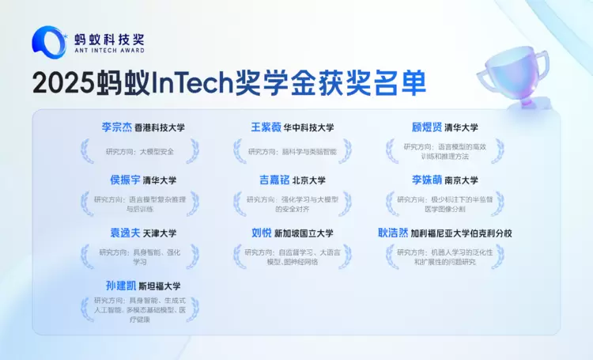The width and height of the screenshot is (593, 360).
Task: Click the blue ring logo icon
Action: pyautogui.click(x=48, y=42)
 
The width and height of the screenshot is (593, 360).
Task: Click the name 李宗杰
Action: pyautogui.click(x=117, y=127)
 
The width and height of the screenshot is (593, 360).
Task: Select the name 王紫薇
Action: pyautogui.click(x=266, y=127)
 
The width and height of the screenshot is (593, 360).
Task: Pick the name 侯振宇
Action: pyautogui.click(x=125, y=180)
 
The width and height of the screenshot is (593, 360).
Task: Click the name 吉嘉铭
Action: pyautogui.click(x=274, y=180)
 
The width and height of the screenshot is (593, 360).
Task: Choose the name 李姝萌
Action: pyautogui.click(x=427, y=180)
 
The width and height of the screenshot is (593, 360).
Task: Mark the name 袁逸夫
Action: pyautogui.click(x=125, y=233)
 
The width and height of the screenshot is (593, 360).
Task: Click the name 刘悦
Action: pyautogui.click(x=261, y=233)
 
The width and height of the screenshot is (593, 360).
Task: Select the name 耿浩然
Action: pyautogui.click(x=393, y=233)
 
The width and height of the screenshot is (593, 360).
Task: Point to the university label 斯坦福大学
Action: pyautogui.click(x=160, y=286)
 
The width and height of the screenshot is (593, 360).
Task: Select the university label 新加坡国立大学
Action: pyautogui.click(x=304, y=233)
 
